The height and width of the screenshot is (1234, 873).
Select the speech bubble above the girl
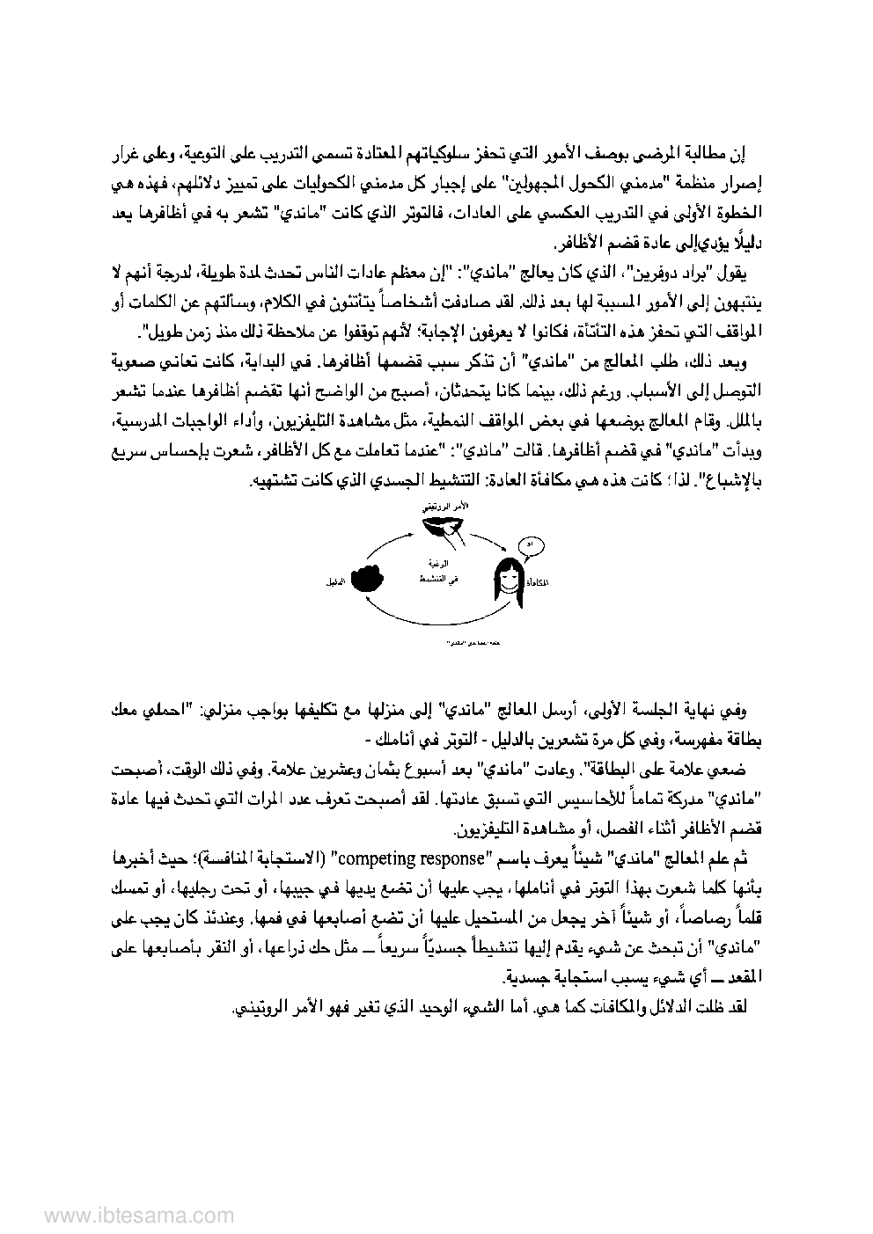click(528, 545)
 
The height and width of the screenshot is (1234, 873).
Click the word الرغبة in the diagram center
click(440, 563)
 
